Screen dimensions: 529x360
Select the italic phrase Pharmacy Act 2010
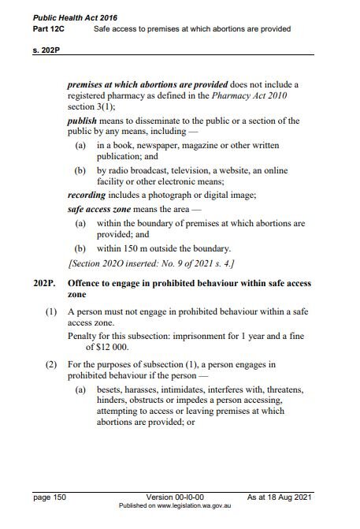(x=250, y=95)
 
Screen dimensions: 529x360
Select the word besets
(x=111, y=389)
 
